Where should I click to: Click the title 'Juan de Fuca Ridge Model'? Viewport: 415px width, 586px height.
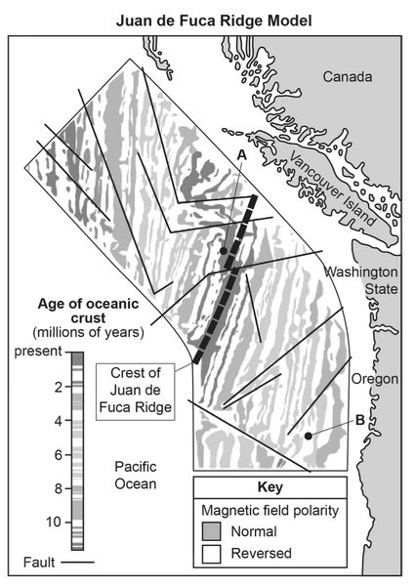click(207, 19)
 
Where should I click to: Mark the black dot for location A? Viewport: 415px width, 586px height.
click(224, 251)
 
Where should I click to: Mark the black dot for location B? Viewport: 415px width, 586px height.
click(309, 436)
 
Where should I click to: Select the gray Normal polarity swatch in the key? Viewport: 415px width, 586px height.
click(212, 532)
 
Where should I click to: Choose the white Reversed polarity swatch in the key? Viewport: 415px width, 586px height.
click(212, 554)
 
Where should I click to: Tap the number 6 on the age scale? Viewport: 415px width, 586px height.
click(58, 455)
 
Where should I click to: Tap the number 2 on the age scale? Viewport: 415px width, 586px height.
click(58, 387)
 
